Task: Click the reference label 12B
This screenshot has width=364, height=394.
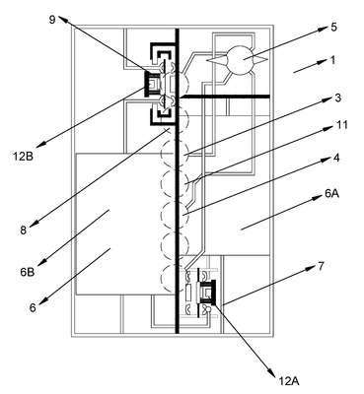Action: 23,157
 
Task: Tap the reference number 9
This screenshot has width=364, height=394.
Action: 52,20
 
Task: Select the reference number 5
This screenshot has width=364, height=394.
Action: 333,27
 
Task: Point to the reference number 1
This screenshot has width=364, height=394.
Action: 332,60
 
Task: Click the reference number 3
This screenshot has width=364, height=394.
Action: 337,98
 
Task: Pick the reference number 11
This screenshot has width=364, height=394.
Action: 342,125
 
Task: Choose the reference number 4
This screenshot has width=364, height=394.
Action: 335,158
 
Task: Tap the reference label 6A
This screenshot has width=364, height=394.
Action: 331,194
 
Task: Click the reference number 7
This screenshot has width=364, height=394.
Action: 322,266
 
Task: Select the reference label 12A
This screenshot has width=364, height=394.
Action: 289,381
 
